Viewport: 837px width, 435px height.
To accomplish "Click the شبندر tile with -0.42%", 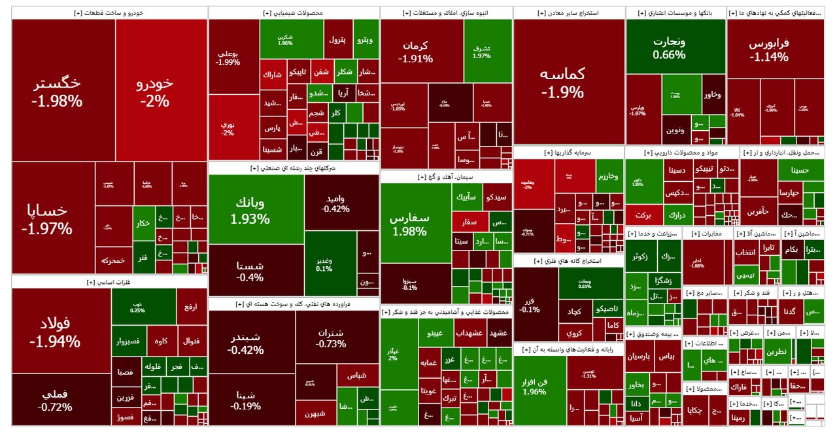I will (246, 343).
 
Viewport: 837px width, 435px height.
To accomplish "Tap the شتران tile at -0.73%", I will (331, 337).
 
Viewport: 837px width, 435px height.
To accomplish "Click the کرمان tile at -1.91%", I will (415, 51).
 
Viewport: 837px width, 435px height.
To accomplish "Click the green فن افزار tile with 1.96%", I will (535, 386).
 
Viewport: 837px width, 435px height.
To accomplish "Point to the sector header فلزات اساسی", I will (109, 282).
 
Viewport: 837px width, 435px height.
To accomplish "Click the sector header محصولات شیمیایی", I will (294, 12).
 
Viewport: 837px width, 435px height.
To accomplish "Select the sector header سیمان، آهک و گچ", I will (447, 177).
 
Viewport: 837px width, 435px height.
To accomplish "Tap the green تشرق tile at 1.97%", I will (481, 51).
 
